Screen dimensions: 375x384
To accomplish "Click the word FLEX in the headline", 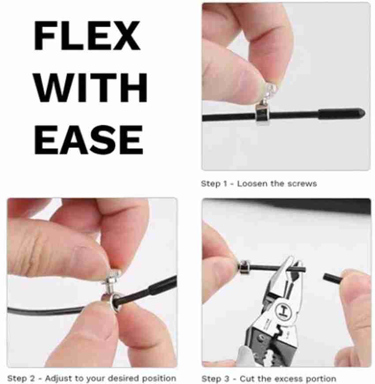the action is (x=87, y=36).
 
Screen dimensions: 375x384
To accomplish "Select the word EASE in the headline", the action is (x=89, y=140).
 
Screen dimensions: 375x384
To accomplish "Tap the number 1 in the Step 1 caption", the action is (x=225, y=183).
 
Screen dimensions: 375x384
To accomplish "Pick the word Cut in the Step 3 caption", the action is (x=247, y=379).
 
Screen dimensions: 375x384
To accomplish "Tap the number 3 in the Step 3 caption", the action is (x=227, y=379).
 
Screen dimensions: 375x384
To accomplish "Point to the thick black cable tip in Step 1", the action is (x=341, y=114).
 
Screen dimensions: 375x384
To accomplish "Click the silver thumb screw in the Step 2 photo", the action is (x=112, y=282).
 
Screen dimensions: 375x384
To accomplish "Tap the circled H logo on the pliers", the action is (x=283, y=310).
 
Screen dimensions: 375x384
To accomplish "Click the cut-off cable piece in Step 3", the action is (x=332, y=279).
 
